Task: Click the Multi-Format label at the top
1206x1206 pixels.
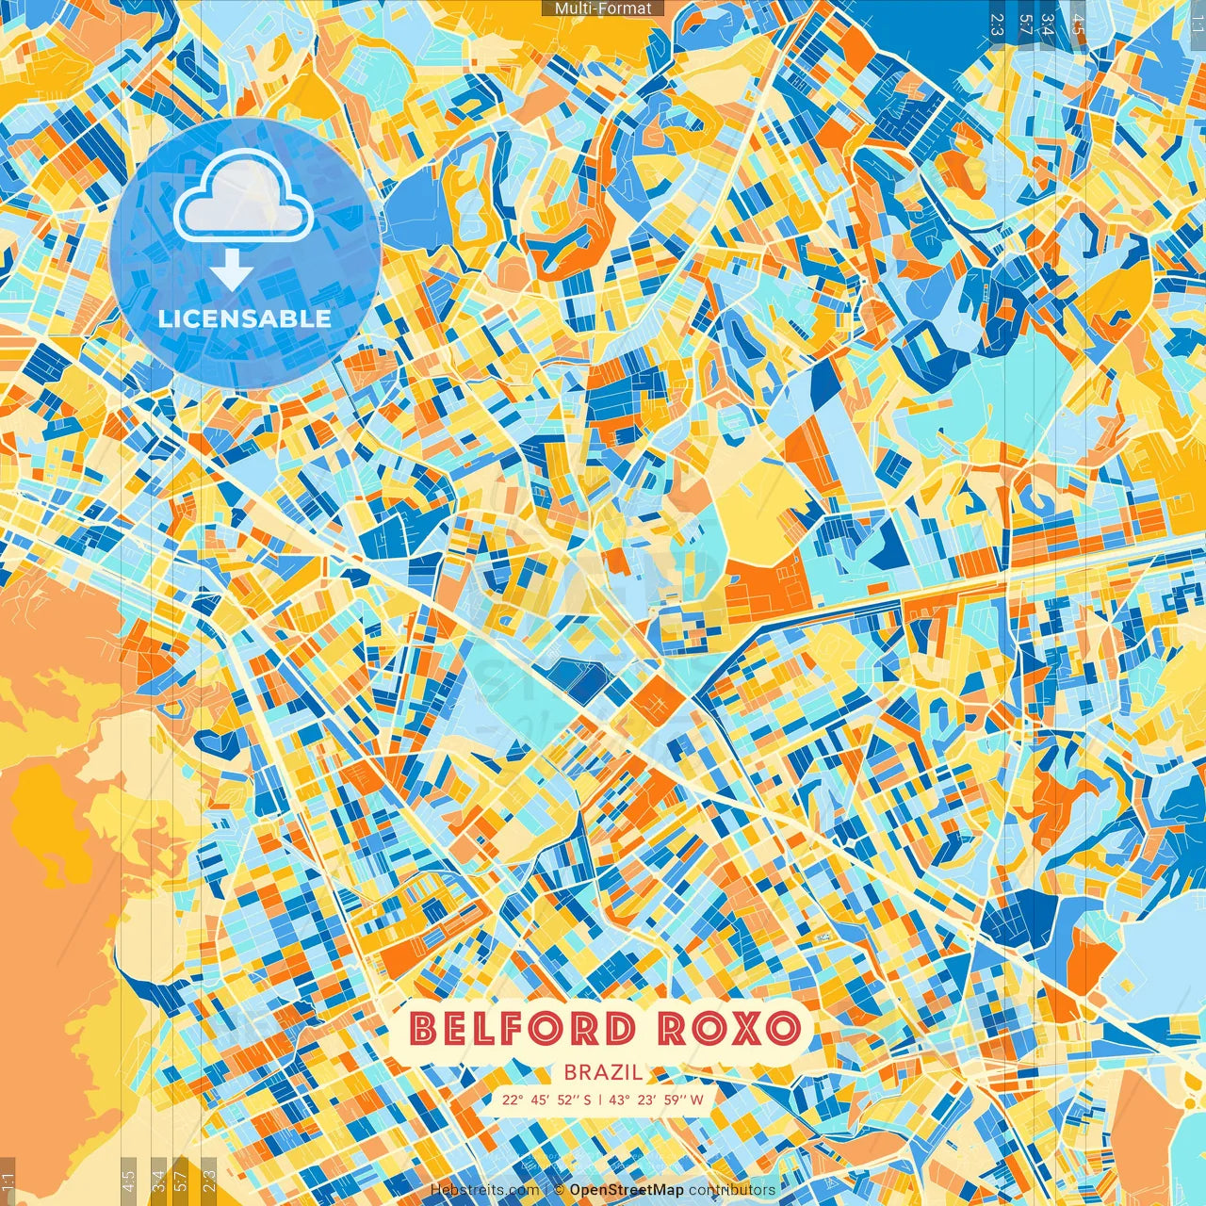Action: [603, 8]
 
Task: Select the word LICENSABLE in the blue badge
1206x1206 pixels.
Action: [244, 318]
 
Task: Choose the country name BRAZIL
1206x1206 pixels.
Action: [603, 1072]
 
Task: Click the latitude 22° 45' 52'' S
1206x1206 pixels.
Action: [546, 1100]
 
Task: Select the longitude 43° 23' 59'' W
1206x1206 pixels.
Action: [657, 1100]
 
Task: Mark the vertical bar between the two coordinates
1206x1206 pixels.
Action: [600, 1100]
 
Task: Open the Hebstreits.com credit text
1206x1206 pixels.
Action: [485, 1190]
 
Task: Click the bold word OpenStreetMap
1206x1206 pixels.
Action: [627, 1190]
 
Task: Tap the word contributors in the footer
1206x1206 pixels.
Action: [732, 1190]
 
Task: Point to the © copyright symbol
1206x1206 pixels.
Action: [558, 1190]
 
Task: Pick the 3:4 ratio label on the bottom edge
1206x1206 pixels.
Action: [158, 1179]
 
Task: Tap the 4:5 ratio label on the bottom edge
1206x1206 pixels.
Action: [128, 1179]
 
